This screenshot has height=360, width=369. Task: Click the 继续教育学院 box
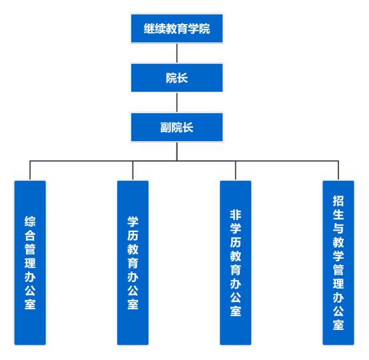click(177, 29)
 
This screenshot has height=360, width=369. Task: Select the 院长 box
click(177, 78)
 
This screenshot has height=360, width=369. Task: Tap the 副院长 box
click(177, 127)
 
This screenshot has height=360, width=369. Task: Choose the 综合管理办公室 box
click(30, 263)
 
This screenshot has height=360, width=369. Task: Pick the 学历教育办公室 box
click(133, 263)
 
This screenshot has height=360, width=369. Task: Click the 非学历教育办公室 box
click(236, 263)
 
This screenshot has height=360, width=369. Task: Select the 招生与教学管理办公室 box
click(338, 263)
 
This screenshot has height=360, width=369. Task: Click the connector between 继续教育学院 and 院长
click(177, 53)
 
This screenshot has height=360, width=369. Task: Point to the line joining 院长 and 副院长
click(177, 103)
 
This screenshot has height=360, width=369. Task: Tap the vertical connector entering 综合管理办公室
click(30, 171)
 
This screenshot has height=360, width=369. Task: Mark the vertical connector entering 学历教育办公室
click(133, 171)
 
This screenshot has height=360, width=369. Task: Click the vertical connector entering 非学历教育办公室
click(236, 171)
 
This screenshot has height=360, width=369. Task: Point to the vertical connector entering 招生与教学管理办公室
click(338, 171)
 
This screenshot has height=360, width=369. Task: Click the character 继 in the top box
click(149, 29)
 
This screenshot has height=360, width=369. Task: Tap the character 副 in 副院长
click(166, 127)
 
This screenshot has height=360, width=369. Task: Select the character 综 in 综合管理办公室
click(30, 221)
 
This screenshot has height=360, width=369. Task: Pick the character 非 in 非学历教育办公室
click(236, 215)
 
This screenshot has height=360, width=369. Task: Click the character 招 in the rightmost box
click(338, 201)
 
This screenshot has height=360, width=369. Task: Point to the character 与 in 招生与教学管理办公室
click(338, 228)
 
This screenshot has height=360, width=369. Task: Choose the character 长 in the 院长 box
click(183, 78)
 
